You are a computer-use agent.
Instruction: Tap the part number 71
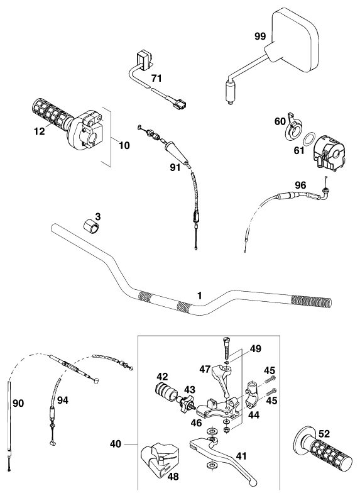point(156,78)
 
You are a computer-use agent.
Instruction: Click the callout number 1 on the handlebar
point(199,296)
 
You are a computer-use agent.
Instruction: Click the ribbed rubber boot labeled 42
point(166,392)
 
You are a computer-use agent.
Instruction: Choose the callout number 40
point(115,444)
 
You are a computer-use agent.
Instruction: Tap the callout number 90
point(18,403)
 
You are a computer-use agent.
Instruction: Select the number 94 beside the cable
point(62,400)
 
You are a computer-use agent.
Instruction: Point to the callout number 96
point(300,185)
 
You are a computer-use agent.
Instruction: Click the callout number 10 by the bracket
point(124,145)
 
